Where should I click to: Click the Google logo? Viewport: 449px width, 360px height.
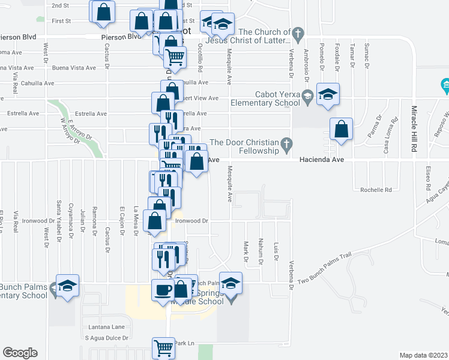coord(20,353)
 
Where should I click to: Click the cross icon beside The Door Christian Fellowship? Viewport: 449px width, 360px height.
coord(287,145)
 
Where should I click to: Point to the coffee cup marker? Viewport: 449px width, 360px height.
coord(163,290)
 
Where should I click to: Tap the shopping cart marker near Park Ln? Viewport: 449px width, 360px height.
coord(163,347)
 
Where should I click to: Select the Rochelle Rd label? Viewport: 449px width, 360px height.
coord(376,190)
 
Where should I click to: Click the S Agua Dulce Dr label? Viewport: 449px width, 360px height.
coord(106,338)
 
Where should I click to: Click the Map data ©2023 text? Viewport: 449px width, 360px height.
coord(423,355)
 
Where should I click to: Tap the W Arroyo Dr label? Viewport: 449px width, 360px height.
coord(70,128)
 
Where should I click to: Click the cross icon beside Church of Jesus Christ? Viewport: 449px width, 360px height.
coord(296,32)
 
